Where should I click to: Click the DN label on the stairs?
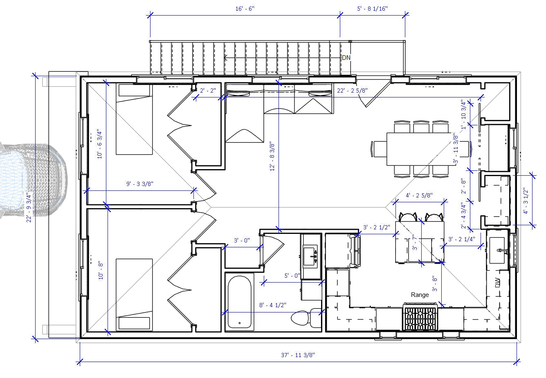coord(346,58)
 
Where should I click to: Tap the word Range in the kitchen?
coord(420,294)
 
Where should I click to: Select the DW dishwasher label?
coord(498,283)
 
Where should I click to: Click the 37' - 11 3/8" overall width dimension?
coord(298,355)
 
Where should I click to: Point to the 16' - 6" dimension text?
coord(245,9)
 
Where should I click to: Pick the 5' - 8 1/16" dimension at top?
coord(372,9)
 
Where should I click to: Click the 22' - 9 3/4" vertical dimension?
coord(29,208)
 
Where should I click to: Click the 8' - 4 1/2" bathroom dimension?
coord(272,305)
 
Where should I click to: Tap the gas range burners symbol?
coord(420,317)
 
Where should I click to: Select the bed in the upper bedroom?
coord(134,119)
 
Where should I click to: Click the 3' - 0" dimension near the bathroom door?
coord(241,241)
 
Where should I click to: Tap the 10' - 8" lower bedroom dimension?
coord(101,271)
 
